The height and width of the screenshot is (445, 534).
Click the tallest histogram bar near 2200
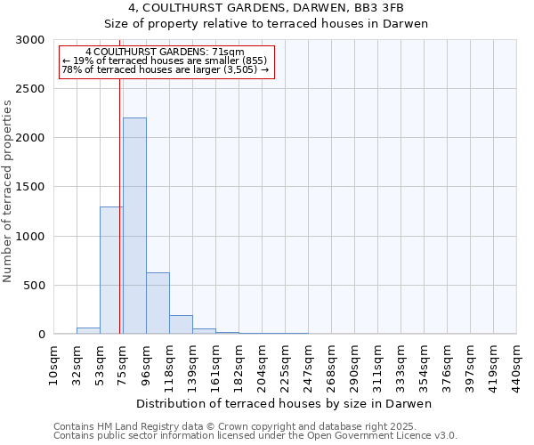click(134, 226)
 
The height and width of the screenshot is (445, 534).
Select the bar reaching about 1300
click(111, 271)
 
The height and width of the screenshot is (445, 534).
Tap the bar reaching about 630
click(158, 303)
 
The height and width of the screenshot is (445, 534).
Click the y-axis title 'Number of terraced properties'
click(8, 191)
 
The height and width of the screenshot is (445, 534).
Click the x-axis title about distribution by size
click(285, 403)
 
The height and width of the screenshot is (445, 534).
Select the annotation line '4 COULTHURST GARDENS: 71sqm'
click(165, 53)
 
